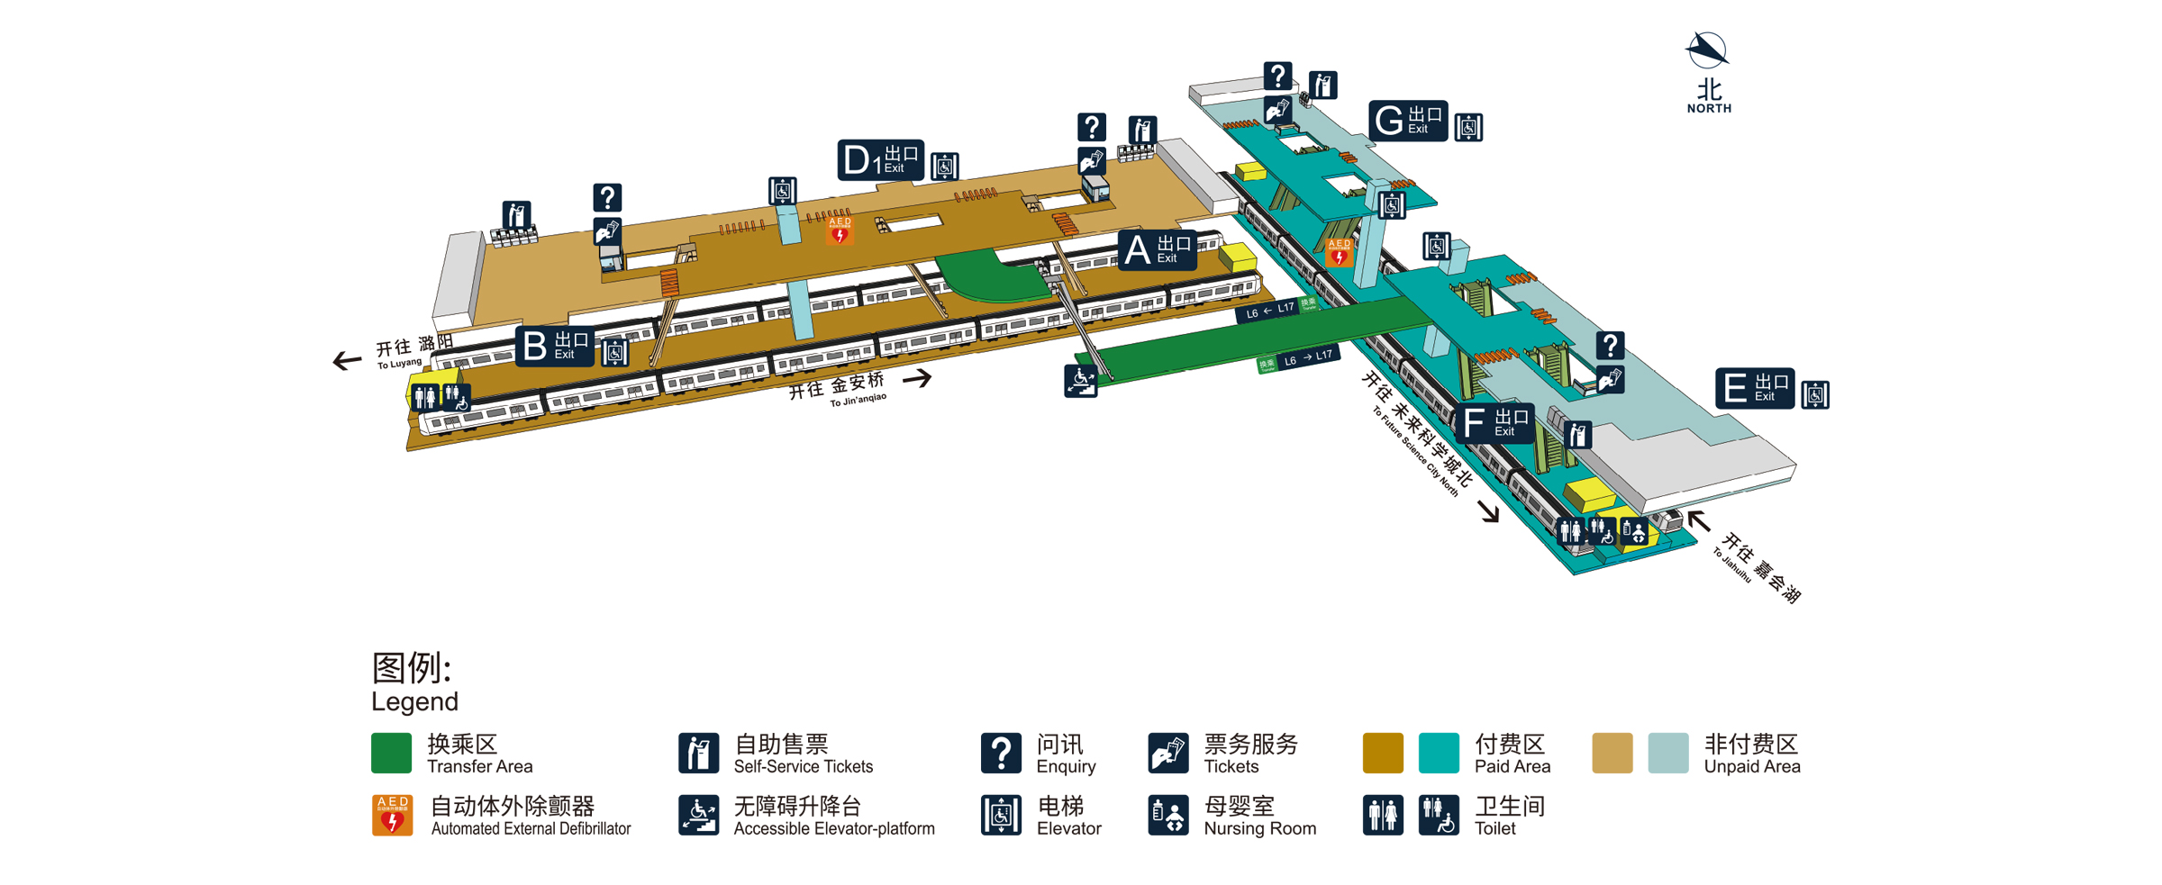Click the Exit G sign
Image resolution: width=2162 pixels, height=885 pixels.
(x=1407, y=120)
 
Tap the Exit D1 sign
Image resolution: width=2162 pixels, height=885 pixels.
(x=880, y=160)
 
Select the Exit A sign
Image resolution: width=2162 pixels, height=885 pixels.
(x=1157, y=249)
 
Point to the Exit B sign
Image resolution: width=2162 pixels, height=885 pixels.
(x=554, y=347)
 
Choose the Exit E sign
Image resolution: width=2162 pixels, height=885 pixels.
(x=1754, y=389)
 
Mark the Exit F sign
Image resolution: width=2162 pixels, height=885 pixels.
(x=1493, y=422)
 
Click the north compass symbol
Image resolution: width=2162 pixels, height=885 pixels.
(x=1706, y=50)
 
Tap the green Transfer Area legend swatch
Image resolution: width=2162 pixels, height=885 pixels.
(x=391, y=753)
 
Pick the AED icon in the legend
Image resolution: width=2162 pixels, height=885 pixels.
(x=392, y=815)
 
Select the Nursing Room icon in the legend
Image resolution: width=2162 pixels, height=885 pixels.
(x=1167, y=815)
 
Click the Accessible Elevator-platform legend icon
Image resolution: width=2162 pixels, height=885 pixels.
(x=698, y=815)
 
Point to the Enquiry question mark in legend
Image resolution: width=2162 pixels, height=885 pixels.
(x=1000, y=753)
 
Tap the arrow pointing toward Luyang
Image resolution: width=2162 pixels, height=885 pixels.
(x=347, y=361)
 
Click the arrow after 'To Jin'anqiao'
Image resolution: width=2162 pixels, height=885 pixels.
(x=917, y=378)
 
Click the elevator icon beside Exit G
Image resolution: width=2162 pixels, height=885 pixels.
(x=1468, y=127)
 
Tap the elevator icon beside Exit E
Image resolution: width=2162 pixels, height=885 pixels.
(x=1814, y=394)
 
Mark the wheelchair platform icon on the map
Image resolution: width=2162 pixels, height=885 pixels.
(x=1080, y=381)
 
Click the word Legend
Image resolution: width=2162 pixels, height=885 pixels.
(x=414, y=701)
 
